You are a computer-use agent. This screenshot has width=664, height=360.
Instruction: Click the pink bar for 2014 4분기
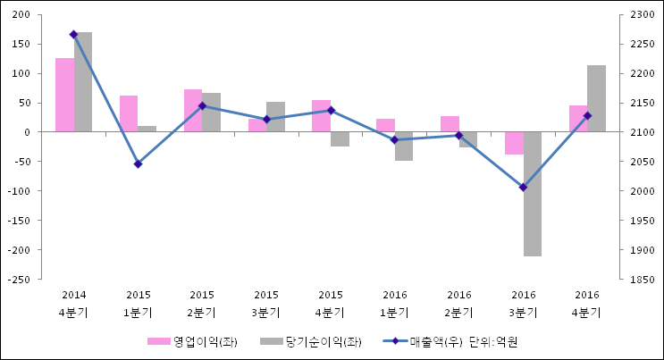pos(64,95)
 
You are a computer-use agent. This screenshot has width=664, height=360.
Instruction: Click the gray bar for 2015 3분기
pos(275,117)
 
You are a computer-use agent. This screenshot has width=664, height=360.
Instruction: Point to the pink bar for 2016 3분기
pos(514,143)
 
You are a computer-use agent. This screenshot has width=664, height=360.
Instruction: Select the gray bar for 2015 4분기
pos(340,139)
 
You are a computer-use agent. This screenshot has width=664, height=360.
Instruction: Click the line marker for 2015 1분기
pos(138,164)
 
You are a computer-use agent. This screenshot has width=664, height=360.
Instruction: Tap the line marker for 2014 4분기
pos(73,34)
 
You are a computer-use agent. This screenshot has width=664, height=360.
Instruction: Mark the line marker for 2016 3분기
pos(523,188)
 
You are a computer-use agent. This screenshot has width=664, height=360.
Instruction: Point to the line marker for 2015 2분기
pos(202,105)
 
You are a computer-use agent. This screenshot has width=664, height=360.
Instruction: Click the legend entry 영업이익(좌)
pos(192,341)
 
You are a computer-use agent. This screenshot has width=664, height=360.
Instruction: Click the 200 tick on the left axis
pos(22,15)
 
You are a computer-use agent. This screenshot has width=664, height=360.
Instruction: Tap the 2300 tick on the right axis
pos(643,15)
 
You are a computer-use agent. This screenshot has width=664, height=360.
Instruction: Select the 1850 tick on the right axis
pos(643,280)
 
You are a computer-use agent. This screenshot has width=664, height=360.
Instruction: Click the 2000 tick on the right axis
pos(643,191)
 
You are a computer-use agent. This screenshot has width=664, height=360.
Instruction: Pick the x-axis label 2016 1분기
pos(394,304)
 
